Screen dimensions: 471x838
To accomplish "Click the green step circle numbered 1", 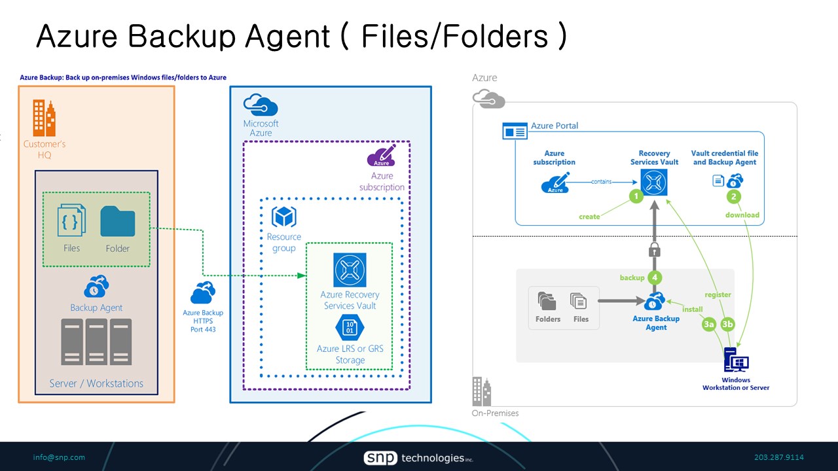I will (x=635, y=196).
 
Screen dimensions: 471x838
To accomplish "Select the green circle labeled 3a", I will (x=708, y=324).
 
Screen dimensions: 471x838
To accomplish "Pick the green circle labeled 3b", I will (x=727, y=324).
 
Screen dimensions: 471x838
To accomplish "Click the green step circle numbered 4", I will (x=654, y=277).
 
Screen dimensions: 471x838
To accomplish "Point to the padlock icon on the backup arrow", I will (x=653, y=249).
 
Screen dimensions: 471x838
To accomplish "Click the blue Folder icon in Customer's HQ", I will (x=118, y=222).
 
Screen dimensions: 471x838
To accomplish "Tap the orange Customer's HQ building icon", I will (x=45, y=118).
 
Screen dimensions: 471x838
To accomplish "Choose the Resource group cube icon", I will (x=283, y=217).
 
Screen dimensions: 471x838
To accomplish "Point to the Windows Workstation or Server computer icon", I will (x=736, y=361).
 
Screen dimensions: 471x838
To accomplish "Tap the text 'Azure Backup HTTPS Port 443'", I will (x=203, y=321).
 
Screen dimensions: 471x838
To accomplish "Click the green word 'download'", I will (x=742, y=215).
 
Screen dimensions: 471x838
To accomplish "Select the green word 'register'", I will (x=718, y=295).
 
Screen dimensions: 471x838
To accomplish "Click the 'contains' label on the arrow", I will (x=601, y=182).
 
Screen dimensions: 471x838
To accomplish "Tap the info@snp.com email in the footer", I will (x=59, y=457).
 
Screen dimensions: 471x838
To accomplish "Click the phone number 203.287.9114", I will (x=778, y=457).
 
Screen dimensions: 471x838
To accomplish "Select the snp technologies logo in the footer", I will (x=418, y=458).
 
